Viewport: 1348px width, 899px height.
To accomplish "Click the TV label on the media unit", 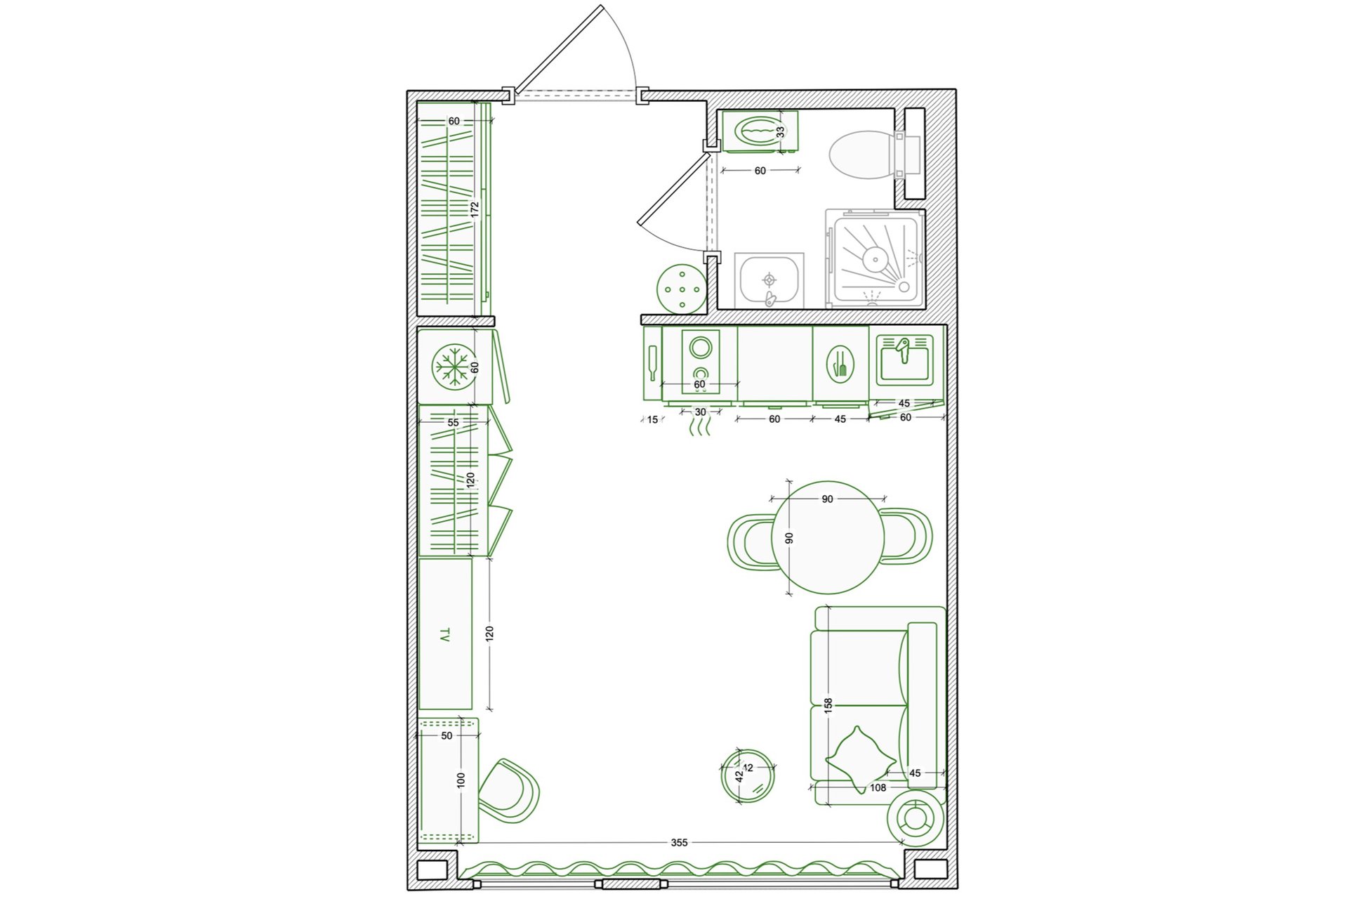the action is pyautogui.click(x=444, y=636).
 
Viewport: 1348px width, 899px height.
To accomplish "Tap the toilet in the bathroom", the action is pyautogui.click(x=874, y=155).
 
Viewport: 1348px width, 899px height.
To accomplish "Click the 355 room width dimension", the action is pyautogui.click(x=679, y=842).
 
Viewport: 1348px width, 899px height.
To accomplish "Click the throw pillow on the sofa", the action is pyautogui.click(x=860, y=759).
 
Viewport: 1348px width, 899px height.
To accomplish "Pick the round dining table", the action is pyautogui.click(x=828, y=537).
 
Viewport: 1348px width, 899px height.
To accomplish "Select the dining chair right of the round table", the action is pyautogui.click(x=906, y=536).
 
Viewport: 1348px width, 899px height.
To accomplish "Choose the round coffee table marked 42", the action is pyautogui.click(x=748, y=775).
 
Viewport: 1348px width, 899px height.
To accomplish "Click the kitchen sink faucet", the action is pyautogui.click(x=903, y=349).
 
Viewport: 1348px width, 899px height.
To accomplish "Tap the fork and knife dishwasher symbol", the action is pyautogui.click(x=840, y=364).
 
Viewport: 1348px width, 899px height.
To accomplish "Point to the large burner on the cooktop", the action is pyautogui.click(x=701, y=347).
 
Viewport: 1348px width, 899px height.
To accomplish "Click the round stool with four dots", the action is pyautogui.click(x=682, y=288).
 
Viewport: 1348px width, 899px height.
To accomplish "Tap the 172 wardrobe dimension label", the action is pyautogui.click(x=475, y=209).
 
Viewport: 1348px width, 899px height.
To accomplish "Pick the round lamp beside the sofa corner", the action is pyautogui.click(x=915, y=818).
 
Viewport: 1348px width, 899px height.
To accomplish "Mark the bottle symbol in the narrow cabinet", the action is pyautogui.click(x=653, y=364).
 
